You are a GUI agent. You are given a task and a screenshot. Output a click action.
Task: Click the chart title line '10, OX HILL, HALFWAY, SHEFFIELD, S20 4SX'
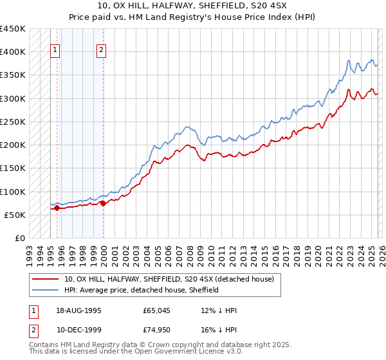click(x=192, y=5)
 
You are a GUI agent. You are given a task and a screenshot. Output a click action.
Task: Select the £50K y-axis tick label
click(x=15, y=215)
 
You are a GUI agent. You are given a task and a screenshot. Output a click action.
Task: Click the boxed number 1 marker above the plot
click(x=55, y=50)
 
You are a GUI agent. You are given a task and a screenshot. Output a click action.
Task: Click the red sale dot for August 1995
click(x=57, y=208)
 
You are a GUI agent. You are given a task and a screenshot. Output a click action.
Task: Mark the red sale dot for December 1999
click(x=103, y=203)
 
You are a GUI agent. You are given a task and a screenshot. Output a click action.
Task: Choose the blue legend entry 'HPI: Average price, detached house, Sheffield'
click(x=142, y=290)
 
